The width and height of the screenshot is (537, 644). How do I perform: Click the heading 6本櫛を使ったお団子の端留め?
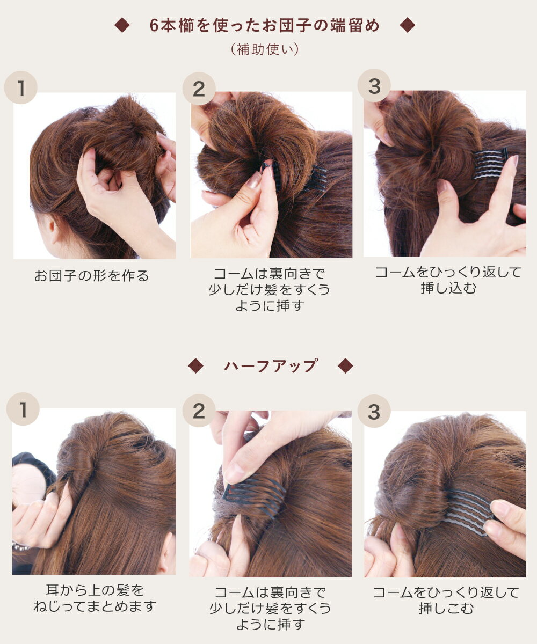click(x=265, y=25)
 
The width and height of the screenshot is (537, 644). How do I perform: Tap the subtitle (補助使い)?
click(x=265, y=49)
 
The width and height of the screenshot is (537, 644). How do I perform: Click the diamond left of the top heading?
click(x=122, y=25)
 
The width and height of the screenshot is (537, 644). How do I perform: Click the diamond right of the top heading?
click(x=408, y=25)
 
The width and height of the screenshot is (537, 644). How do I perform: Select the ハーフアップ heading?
click(x=271, y=366)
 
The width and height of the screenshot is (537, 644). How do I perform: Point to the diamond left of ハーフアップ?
click(x=195, y=366)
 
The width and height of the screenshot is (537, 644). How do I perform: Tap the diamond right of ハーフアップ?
click(x=345, y=366)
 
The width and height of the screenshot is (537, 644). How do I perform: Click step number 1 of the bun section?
click(x=21, y=87)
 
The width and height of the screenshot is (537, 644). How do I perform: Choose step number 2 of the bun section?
click(x=199, y=89)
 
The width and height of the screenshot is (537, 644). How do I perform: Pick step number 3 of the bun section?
click(x=374, y=86)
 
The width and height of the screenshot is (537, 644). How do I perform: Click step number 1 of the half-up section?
click(x=23, y=409)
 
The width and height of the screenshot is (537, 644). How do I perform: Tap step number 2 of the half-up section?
click(x=199, y=411)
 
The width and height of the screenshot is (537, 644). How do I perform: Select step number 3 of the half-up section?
click(x=374, y=411)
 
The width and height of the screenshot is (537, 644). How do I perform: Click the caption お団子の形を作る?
click(x=92, y=275)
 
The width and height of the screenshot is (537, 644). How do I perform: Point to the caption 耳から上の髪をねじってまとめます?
click(x=95, y=598)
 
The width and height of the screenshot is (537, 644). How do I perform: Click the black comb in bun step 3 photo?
click(x=491, y=164)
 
